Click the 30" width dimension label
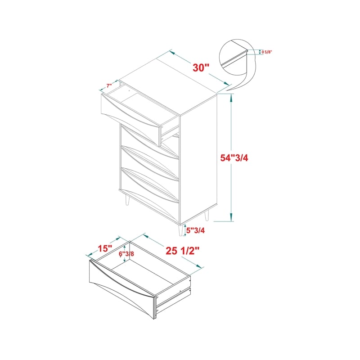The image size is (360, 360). tap(201, 68)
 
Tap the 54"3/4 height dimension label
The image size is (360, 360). tap(234, 158)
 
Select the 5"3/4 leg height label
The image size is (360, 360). tap(195, 230)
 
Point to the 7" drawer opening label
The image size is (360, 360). tap(109, 86)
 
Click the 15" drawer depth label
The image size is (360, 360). tap(105, 248)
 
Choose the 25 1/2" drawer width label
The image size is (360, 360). tap(183, 251)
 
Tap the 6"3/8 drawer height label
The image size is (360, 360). tap(126, 254)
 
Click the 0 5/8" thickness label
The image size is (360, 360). tap(267, 52)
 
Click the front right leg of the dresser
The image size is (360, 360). tap(181, 230)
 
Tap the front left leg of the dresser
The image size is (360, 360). tap(127, 199)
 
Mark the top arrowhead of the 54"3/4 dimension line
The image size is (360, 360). tap(231, 98)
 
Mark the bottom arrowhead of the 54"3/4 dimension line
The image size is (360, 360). tap(231, 217)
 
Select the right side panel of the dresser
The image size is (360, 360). tap(198, 158)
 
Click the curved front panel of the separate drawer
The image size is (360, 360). tap(121, 289)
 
